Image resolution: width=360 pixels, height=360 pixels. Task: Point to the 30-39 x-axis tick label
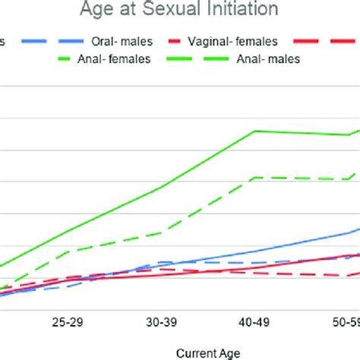[161, 323]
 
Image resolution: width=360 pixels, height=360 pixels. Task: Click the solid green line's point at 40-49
[255, 131]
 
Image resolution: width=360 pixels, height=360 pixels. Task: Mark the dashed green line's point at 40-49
[255, 178]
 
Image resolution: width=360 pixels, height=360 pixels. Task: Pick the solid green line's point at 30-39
[162, 187]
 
